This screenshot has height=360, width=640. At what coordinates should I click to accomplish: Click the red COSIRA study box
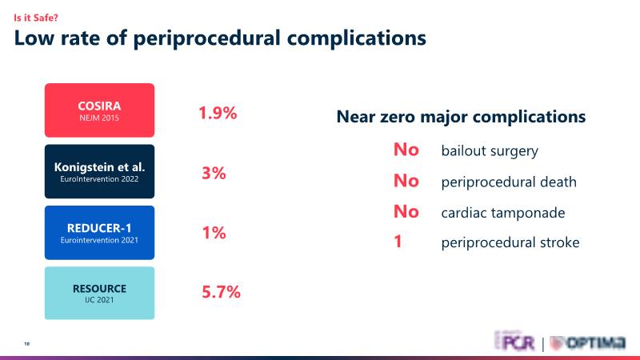tap(100, 110)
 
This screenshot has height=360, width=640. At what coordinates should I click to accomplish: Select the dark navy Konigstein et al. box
tap(100, 171)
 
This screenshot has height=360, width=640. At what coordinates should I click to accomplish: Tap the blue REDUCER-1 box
tap(100, 232)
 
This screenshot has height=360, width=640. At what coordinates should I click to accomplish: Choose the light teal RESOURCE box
tap(100, 293)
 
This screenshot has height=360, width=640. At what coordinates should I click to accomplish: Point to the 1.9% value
tap(218, 113)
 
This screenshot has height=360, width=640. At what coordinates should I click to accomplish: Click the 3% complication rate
tap(214, 173)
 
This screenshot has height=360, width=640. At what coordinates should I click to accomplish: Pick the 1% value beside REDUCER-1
tap(214, 233)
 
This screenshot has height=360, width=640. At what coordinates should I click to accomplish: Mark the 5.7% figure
tap(221, 292)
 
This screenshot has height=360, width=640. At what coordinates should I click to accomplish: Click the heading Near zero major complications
tap(461, 117)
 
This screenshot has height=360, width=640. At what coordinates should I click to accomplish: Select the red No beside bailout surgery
tap(406, 150)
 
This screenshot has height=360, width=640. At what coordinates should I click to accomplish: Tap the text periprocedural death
tap(509, 182)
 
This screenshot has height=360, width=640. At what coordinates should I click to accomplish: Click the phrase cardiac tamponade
tap(503, 213)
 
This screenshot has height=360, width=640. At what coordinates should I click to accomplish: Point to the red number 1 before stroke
tap(398, 242)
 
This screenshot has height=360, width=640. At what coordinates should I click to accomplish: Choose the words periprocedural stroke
tap(510, 242)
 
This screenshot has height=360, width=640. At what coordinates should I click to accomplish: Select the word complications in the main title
tap(354, 38)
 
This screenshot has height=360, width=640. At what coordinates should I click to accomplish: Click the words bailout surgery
tap(490, 151)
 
